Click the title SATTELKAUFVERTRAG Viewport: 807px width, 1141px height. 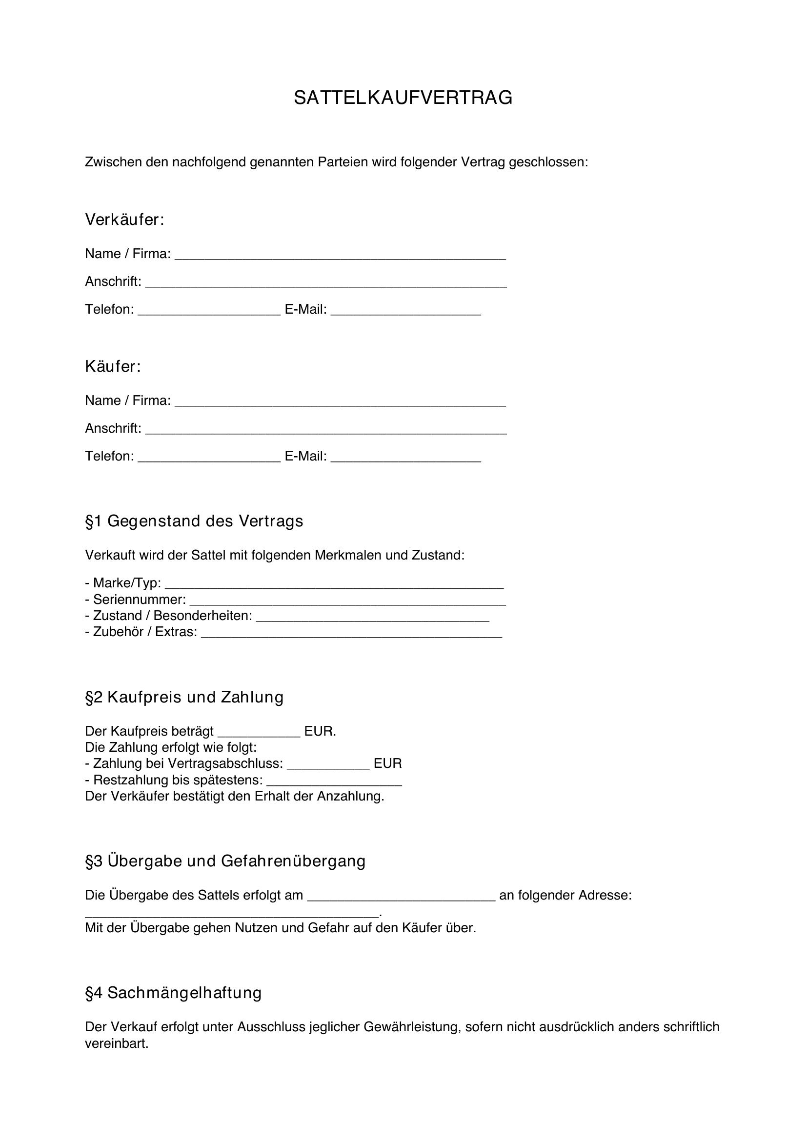[x=403, y=98]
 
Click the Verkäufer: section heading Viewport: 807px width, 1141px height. [x=124, y=219]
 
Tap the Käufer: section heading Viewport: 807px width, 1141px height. [x=113, y=366]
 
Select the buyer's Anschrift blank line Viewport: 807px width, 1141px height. [x=325, y=430]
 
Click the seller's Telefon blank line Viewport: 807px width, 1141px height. [x=209, y=311]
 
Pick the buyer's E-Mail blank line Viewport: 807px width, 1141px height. [x=405, y=458]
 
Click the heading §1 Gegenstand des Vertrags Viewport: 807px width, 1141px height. [x=194, y=521]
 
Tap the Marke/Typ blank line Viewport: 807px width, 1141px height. [x=334, y=585]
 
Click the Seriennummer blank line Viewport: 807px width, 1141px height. [x=347, y=601]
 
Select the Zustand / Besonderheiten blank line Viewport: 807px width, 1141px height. [x=373, y=618]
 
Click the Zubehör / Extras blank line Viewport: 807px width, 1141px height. [x=351, y=634]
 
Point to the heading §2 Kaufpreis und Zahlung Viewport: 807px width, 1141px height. [x=184, y=697]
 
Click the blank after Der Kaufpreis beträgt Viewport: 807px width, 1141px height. [x=259, y=733]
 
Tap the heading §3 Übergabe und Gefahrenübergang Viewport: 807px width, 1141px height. [x=225, y=861]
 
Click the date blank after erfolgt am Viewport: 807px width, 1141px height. [x=401, y=897]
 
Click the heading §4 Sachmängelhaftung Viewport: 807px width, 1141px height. [x=173, y=992]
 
